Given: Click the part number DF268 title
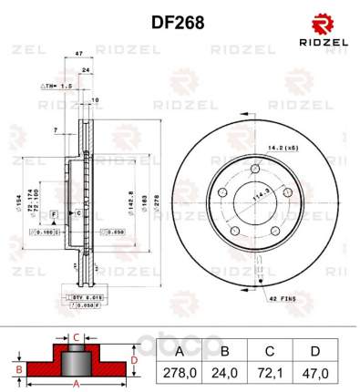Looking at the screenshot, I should [x=179, y=20].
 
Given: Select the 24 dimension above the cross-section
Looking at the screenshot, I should [x=86, y=70].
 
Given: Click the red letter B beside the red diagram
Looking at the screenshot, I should [x=17, y=368].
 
